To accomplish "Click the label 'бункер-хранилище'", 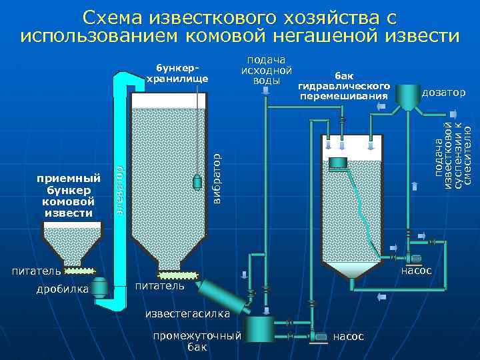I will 177,73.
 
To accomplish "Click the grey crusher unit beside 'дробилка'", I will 99,287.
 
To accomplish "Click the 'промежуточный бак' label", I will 197,341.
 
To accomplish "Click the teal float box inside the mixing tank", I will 338,162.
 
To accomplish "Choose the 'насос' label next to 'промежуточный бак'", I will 349,337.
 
